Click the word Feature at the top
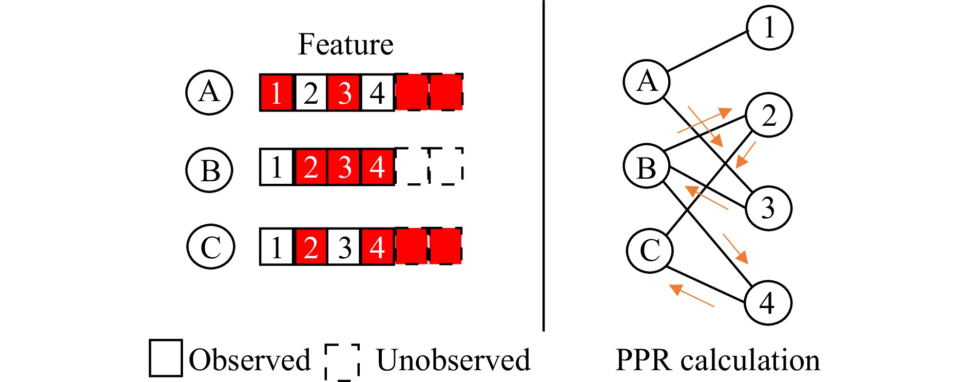tap(345, 44)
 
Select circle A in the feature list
tap(209, 92)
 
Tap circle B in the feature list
tap(209, 169)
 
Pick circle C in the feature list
tap(210, 246)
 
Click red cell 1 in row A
tap(277, 93)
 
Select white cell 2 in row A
tap(311, 93)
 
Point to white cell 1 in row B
tap(277, 167)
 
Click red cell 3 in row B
tap(344, 167)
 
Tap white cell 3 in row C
tap(344, 247)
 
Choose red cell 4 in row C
tap(378, 247)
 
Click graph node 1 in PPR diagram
tap(769, 28)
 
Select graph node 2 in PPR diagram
tap(768, 115)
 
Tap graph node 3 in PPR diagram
tap(768, 208)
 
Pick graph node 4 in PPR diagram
tap(767, 303)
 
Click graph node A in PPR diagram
tap(647, 82)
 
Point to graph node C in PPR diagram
tap(650, 250)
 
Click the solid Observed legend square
tap(165, 358)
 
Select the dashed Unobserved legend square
tap(342, 361)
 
